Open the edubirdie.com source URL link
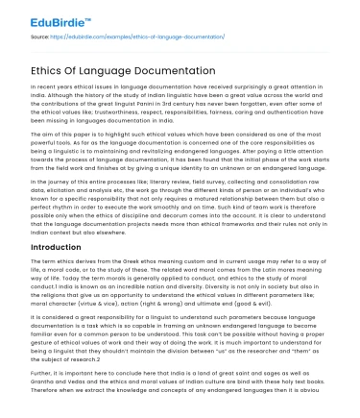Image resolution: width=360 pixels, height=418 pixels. coord(128,36)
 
